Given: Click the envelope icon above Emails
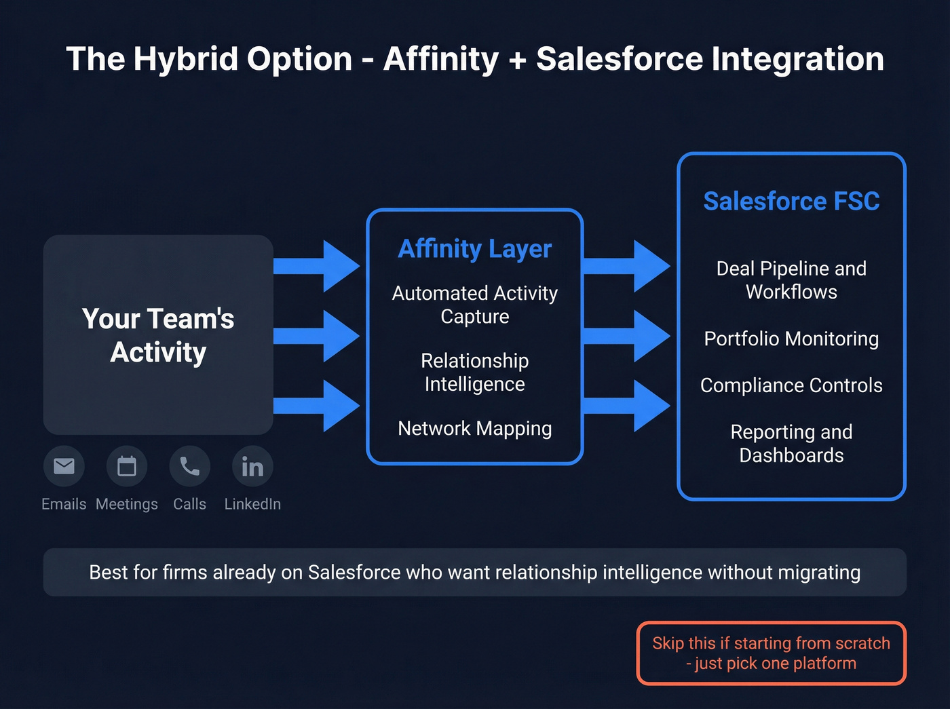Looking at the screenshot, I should (64, 466).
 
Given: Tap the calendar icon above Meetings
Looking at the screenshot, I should (127, 466).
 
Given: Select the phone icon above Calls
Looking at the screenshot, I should (189, 466).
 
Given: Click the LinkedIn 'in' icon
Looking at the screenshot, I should (252, 466).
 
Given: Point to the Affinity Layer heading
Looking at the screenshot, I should (474, 249).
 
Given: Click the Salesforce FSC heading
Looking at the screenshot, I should (791, 202).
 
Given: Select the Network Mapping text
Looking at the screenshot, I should (474, 429).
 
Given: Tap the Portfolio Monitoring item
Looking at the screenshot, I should (791, 339).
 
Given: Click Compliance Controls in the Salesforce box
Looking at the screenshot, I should (791, 385).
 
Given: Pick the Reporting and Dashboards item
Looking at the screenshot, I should (791, 444).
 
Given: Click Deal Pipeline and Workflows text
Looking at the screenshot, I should (791, 280).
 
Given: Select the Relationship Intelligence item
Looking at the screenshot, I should (474, 372).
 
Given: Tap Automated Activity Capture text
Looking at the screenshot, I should (474, 305).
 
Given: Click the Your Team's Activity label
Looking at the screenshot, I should (158, 335).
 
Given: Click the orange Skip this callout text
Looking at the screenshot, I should (771, 653).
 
